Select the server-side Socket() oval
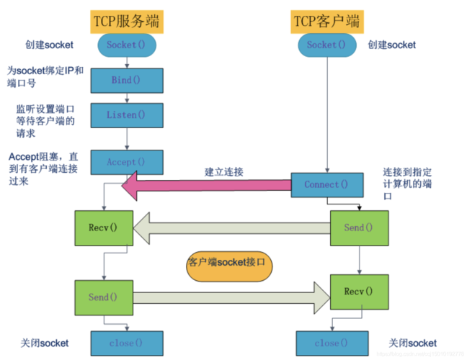point(126,45)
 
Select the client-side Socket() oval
point(326,45)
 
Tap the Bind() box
point(126,80)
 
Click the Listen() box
point(126,114)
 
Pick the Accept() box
point(126,162)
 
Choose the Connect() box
point(326,184)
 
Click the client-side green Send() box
point(359,228)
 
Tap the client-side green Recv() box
point(359,292)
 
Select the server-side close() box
point(126,343)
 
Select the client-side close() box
point(326,343)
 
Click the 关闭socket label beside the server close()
point(45,343)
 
